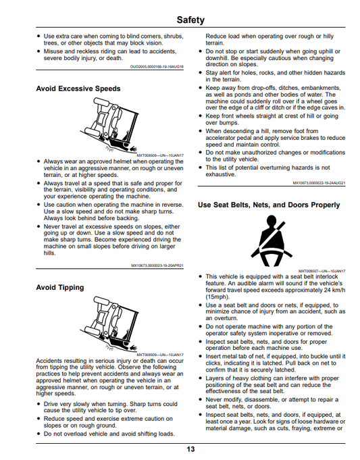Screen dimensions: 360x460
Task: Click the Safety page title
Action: tap(190, 20)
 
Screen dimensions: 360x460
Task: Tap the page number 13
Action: tap(190, 449)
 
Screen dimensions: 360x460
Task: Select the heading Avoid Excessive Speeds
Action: tap(78, 88)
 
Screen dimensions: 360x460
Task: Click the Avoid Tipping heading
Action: tap(60, 288)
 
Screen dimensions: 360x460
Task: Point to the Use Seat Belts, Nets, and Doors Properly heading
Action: tap(269, 205)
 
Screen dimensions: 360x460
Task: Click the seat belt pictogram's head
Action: tap(271, 221)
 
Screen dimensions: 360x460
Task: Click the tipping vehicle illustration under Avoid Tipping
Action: tap(109, 324)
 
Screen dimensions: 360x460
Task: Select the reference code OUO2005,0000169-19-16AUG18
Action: tap(157, 67)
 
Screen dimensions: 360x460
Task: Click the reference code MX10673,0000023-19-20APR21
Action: tap(157, 265)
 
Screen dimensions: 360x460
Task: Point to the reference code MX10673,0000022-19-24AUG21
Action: tap(319, 183)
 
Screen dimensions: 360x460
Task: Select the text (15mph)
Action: tap(217, 297)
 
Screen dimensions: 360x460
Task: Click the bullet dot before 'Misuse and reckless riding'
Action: tap(38, 51)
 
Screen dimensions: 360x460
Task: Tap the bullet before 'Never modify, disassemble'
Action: tap(201, 400)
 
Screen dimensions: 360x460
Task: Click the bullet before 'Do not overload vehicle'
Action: tap(38, 434)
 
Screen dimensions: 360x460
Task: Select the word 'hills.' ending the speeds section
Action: tap(49, 253)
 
